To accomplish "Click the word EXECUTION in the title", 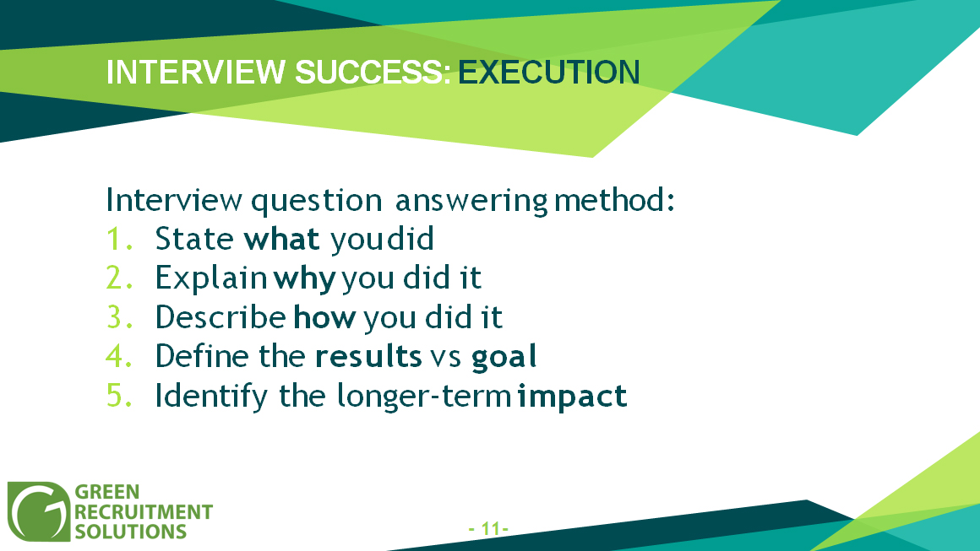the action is point(549,73).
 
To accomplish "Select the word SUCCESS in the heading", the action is point(373,73).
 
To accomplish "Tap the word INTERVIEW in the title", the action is point(196,73).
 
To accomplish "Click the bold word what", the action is point(281,238).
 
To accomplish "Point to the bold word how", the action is point(324,317).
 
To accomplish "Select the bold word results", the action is point(368,356).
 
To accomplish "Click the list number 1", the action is point(119,239).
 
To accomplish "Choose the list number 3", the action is point(119,317).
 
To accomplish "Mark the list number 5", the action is point(119,396).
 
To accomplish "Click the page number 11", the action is point(489,529).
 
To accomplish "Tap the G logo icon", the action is point(39,511).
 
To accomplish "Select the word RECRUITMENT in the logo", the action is point(144,511).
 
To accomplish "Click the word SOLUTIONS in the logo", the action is point(131,532).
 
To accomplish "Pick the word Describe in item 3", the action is point(220,317).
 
